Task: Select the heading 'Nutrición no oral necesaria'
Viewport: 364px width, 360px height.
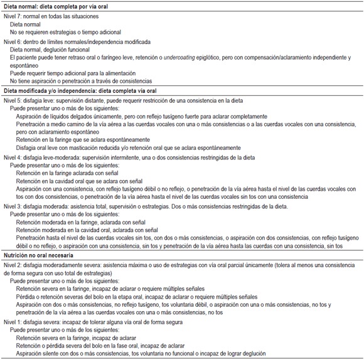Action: pyautogui.click(x=41, y=256)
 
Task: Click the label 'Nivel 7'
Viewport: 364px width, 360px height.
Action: pyautogui.click(x=14, y=15)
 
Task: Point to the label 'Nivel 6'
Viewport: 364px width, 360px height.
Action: pyautogui.click(x=14, y=41)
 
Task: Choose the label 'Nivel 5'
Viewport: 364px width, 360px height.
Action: pyautogui.click(x=14, y=99)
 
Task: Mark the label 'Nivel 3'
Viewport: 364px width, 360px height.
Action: pyautogui.click(x=14, y=206)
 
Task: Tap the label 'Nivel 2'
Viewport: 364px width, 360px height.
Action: pyautogui.click(x=14, y=265)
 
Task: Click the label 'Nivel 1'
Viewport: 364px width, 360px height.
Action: pyautogui.click(x=14, y=322)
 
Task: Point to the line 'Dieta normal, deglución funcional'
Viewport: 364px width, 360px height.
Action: pyautogui.click(x=58, y=50)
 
